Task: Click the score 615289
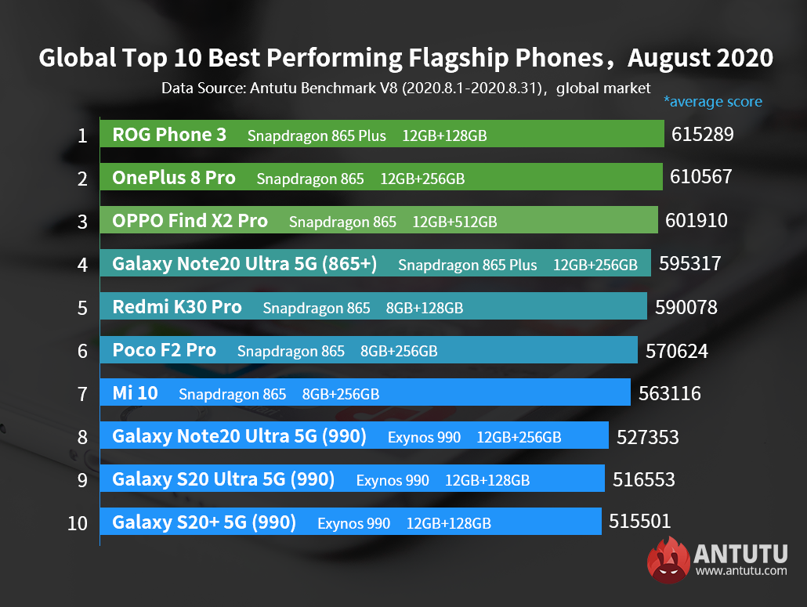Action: coord(702,135)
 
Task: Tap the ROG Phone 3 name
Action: coord(169,135)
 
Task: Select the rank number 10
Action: coord(78,523)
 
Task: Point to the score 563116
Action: coord(670,394)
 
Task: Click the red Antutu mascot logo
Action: coord(668,562)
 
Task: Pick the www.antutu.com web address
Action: coord(740,571)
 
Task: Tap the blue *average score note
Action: coord(712,101)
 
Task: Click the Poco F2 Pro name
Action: coord(164,351)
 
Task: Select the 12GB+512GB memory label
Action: coord(454,222)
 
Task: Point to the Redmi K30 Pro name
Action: coord(177,308)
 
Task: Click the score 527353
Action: coord(648,437)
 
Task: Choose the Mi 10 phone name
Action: coord(135,394)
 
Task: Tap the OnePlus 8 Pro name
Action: coord(173,178)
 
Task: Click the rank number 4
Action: coord(82,265)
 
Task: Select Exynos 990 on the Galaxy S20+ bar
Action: coord(353,523)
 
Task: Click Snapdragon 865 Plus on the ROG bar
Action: coord(317,135)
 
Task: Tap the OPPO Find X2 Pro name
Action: coord(190,221)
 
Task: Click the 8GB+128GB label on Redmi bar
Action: coord(424,308)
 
